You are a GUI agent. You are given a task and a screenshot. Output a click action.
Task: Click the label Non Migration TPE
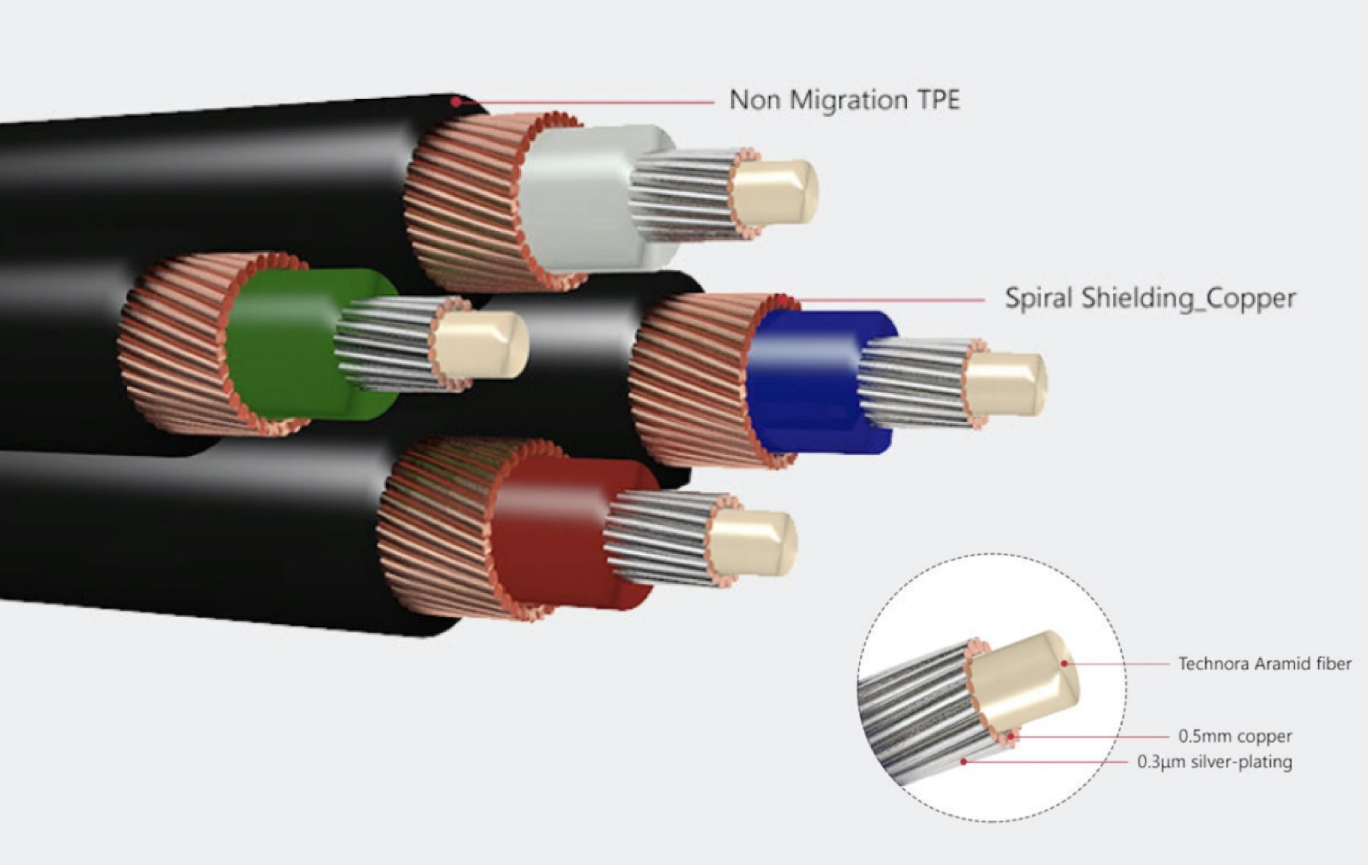(x=844, y=100)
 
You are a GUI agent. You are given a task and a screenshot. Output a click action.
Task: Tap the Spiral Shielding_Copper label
(x=1150, y=298)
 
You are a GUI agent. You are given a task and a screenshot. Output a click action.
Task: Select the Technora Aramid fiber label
(x=1264, y=663)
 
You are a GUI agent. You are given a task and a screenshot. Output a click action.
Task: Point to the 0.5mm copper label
(x=1235, y=736)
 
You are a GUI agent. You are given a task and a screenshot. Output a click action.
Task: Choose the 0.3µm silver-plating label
(x=1214, y=762)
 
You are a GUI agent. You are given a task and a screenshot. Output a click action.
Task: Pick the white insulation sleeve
(x=581, y=198)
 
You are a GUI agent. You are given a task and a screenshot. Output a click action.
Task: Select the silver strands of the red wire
(x=657, y=537)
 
